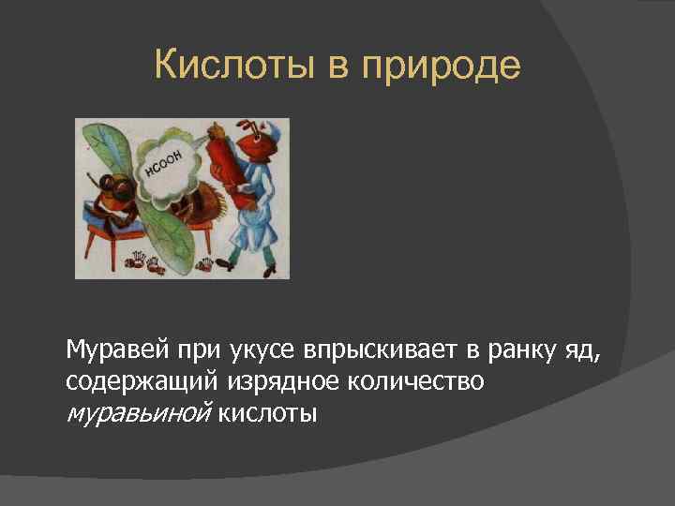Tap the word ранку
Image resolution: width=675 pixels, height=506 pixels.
[511, 351]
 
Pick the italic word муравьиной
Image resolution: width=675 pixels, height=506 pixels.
[139, 411]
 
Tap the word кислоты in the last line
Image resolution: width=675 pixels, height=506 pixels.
[268, 411]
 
